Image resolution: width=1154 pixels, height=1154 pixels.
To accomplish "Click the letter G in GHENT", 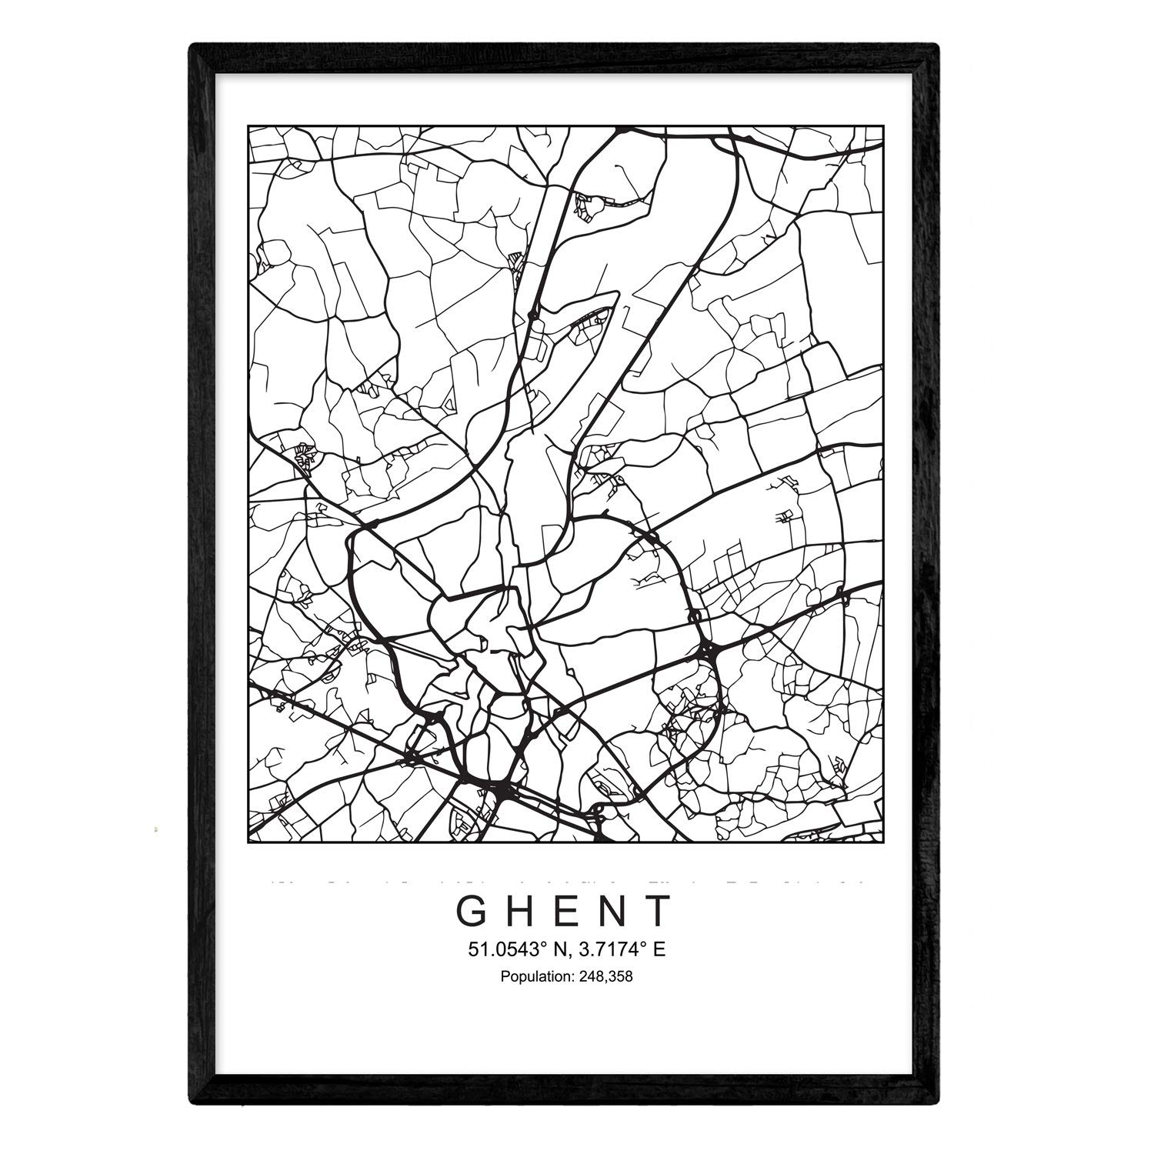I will [471, 911].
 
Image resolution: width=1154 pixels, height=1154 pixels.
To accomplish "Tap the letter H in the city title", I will [522, 911].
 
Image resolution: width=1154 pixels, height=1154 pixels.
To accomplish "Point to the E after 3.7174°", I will [659, 950].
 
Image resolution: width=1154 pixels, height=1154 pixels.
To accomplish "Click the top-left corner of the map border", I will [248, 126].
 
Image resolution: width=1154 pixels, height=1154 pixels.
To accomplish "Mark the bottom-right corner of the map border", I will [882, 843].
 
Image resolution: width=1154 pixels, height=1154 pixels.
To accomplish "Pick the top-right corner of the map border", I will [882, 126].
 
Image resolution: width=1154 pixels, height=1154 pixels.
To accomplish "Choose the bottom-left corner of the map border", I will [248, 843].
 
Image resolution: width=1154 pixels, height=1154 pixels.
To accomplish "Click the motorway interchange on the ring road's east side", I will [709, 651].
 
